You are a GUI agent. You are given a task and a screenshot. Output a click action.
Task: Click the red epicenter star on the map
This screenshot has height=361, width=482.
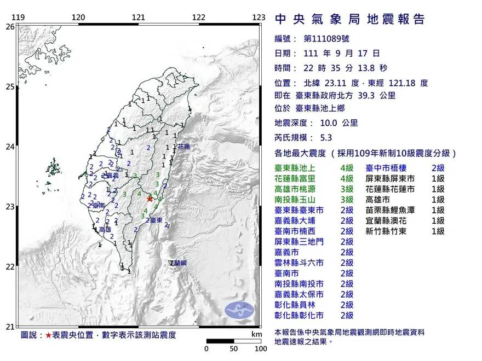[150, 199]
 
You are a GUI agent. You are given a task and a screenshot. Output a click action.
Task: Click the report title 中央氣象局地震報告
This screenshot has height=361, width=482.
[349, 20]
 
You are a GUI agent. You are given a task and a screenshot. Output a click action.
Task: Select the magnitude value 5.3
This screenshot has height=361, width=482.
[325, 138]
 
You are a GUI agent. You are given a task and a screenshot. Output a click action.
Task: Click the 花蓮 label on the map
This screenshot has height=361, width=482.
[183, 147]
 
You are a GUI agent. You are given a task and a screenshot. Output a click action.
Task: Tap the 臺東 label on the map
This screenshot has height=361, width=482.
[155, 220]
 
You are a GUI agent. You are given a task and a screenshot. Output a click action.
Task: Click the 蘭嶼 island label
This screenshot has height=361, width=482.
[179, 263]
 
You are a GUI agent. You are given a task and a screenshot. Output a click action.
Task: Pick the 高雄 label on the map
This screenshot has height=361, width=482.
[105, 230]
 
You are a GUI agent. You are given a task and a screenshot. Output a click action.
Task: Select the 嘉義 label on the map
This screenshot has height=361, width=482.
[112, 176]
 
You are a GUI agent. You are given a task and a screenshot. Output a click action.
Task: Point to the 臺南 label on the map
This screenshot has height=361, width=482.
[99, 205]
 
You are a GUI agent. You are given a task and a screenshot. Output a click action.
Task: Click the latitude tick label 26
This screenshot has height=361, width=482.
[10, 26]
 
